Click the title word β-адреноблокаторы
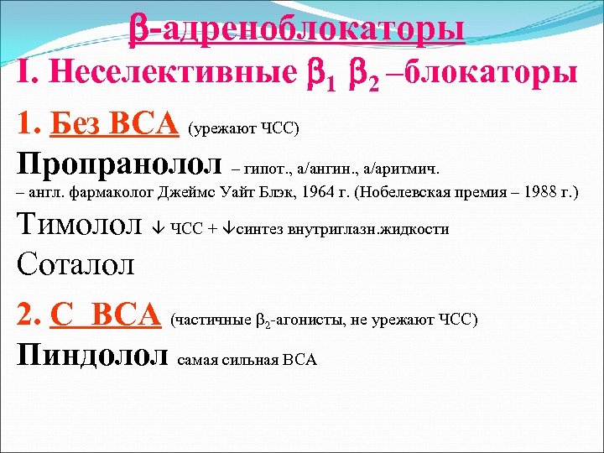[x=297, y=29]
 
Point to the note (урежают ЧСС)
[x=244, y=128]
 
